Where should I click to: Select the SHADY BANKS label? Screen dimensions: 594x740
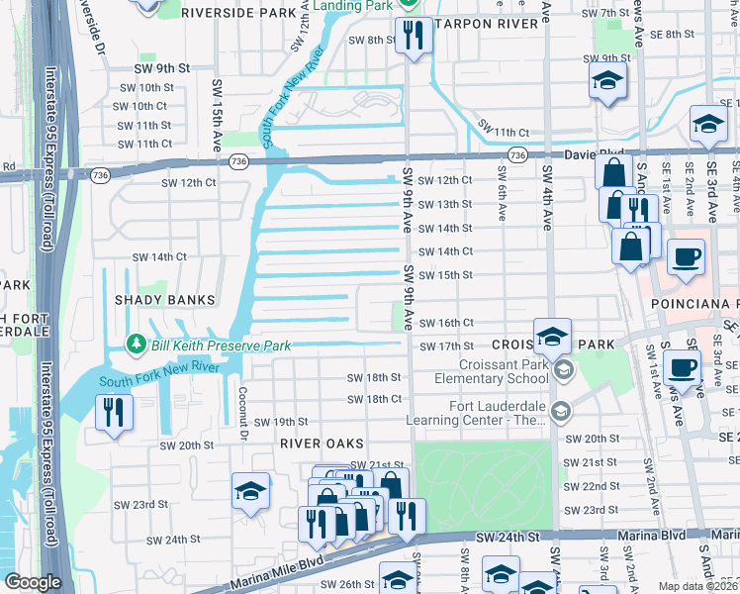pos(164,300)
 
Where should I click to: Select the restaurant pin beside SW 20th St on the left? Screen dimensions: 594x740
pos(114,411)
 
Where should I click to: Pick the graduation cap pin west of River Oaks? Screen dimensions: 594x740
pos(251,490)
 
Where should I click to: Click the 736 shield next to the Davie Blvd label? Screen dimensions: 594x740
pos(516,155)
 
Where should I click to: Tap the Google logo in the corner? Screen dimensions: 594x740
pos(34,582)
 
